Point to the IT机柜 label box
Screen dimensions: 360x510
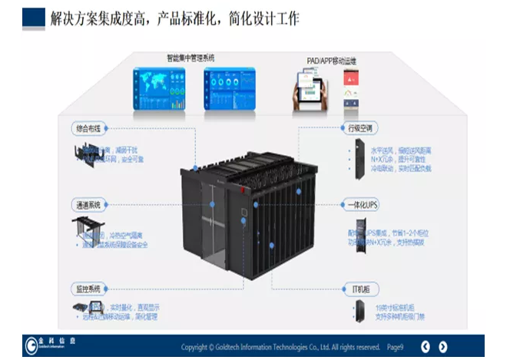pos(359,289)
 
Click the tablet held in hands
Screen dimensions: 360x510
pos(310,88)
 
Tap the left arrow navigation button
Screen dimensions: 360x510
pos(443,346)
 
